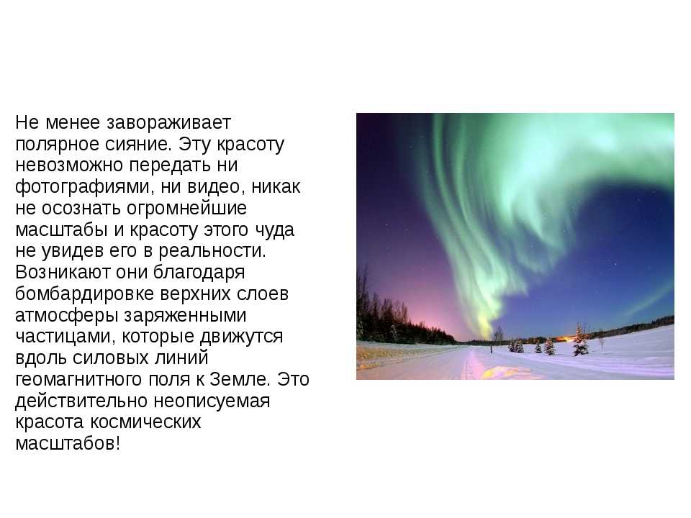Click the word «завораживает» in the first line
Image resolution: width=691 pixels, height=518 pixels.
click(x=168, y=123)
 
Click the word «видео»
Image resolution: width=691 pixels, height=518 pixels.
click(x=216, y=187)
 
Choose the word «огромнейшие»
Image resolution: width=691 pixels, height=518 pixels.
click(x=186, y=209)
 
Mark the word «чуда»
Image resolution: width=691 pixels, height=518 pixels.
click(x=274, y=230)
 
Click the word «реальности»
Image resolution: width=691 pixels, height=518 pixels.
click(x=212, y=251)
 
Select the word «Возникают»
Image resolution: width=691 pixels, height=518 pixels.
click(x=62, y=272)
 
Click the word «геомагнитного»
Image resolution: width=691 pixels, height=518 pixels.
click(x=78, y=379)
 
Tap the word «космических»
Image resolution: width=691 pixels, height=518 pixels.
click(x=146, y=422)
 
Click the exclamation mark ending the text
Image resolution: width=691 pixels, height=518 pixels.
click(x=117, y=442)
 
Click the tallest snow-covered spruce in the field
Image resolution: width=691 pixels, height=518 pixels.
click(x=580, y=340)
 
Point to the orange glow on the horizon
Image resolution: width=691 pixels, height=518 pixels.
click(x=566, y=339)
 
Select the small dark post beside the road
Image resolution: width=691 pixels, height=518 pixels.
click(x=491, y=350)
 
